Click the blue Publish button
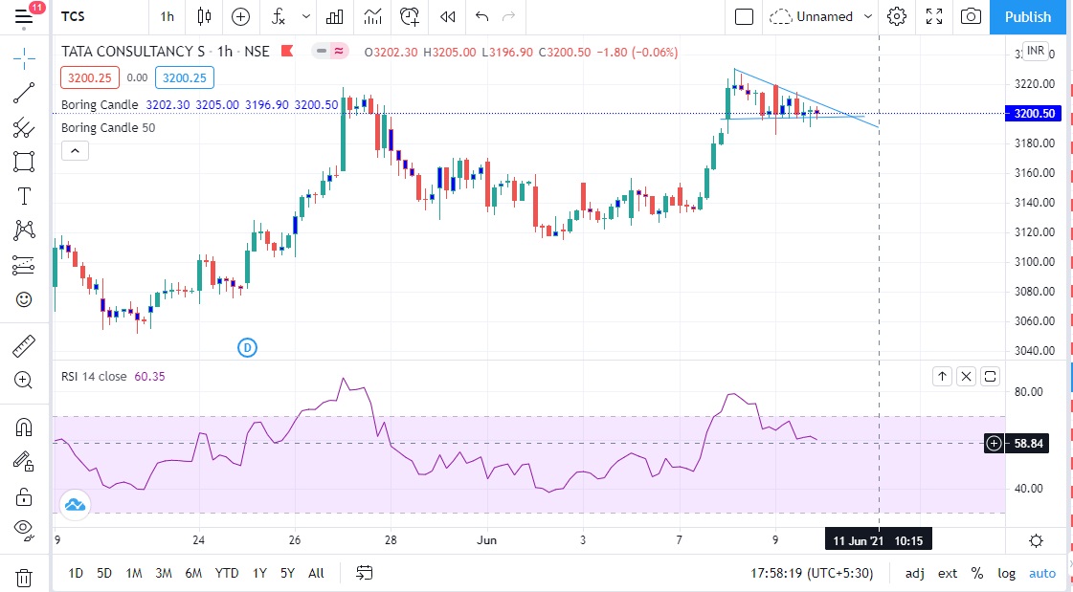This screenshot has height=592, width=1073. [x=1028, y=16]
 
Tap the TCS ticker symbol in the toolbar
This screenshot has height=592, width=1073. [x=72, y=16]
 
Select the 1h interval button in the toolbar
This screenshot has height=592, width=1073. [x=168, y=16]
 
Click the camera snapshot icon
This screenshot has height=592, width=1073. [x=971, y=16]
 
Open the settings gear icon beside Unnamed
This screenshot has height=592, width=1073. [x=897, y=16]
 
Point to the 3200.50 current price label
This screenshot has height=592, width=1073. [x=1035, y=113]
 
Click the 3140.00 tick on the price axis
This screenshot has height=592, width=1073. [x=1036, y=203]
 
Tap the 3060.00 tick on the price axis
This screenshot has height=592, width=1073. [x=1036, y=320]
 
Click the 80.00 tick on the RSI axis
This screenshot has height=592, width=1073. [x=1028, y=391]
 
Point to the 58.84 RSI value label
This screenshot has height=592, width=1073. [x=1028, y=443]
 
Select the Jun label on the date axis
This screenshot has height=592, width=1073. [x=486, y=540]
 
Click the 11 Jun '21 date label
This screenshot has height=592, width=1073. [x=859, y=540]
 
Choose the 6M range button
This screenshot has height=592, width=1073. [x=193, y=573]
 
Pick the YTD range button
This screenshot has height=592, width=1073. [x=227, y=573]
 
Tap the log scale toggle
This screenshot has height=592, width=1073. [x=1007, y=573]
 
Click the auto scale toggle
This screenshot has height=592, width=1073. [x=1042, y=573]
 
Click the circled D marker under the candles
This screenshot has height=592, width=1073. [x=247, y=347]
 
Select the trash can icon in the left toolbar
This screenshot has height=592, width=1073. [x=24, y=577]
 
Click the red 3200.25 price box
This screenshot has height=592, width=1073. [x=89, y=78]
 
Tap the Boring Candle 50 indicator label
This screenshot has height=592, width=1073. [x=108, y=127]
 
